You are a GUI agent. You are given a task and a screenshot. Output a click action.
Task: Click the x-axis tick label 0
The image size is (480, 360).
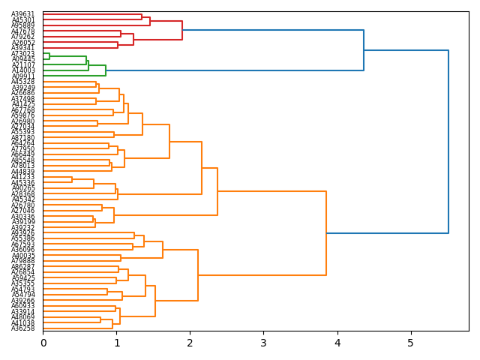tap(43, 343)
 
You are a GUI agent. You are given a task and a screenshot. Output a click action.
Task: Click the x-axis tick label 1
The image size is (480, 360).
tap(117, 343)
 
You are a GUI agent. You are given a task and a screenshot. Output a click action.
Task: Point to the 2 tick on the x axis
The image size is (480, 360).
tap(190, 343)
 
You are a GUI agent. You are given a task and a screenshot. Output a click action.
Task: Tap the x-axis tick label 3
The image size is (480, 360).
tap(263, 343)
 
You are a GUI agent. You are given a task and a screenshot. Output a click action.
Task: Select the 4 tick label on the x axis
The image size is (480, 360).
tap(337, 343)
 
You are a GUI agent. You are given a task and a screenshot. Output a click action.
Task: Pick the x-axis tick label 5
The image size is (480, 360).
tap(410, 343)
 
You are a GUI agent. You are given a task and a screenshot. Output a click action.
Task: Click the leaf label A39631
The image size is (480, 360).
tap(23, 14)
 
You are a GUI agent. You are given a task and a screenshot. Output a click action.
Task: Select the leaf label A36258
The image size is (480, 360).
tap(23, 328)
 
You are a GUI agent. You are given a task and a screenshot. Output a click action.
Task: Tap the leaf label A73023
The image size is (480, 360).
tap(23, 54)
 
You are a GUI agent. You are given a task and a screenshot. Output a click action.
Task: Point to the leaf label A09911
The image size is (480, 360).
tap(23, 76)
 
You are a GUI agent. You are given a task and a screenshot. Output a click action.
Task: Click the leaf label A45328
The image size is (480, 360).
tap(23, 82)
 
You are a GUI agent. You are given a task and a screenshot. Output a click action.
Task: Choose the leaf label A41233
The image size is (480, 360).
tap(23, 177)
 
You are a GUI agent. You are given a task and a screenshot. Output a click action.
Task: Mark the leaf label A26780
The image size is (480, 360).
tap(23, 205)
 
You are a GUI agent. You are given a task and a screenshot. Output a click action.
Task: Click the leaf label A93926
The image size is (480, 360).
tap(23, 233)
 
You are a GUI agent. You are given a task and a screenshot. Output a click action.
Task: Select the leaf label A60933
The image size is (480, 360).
tap(23, 306)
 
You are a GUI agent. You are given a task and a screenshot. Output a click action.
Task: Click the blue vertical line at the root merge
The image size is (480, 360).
tap(448, 142)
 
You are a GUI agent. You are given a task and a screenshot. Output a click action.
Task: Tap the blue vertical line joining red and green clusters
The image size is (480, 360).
tap(364, 50)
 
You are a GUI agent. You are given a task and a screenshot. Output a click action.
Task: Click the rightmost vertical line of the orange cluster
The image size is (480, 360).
tap(326, 233)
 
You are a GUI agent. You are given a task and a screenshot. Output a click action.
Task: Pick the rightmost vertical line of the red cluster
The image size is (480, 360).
tap(182, 30)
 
